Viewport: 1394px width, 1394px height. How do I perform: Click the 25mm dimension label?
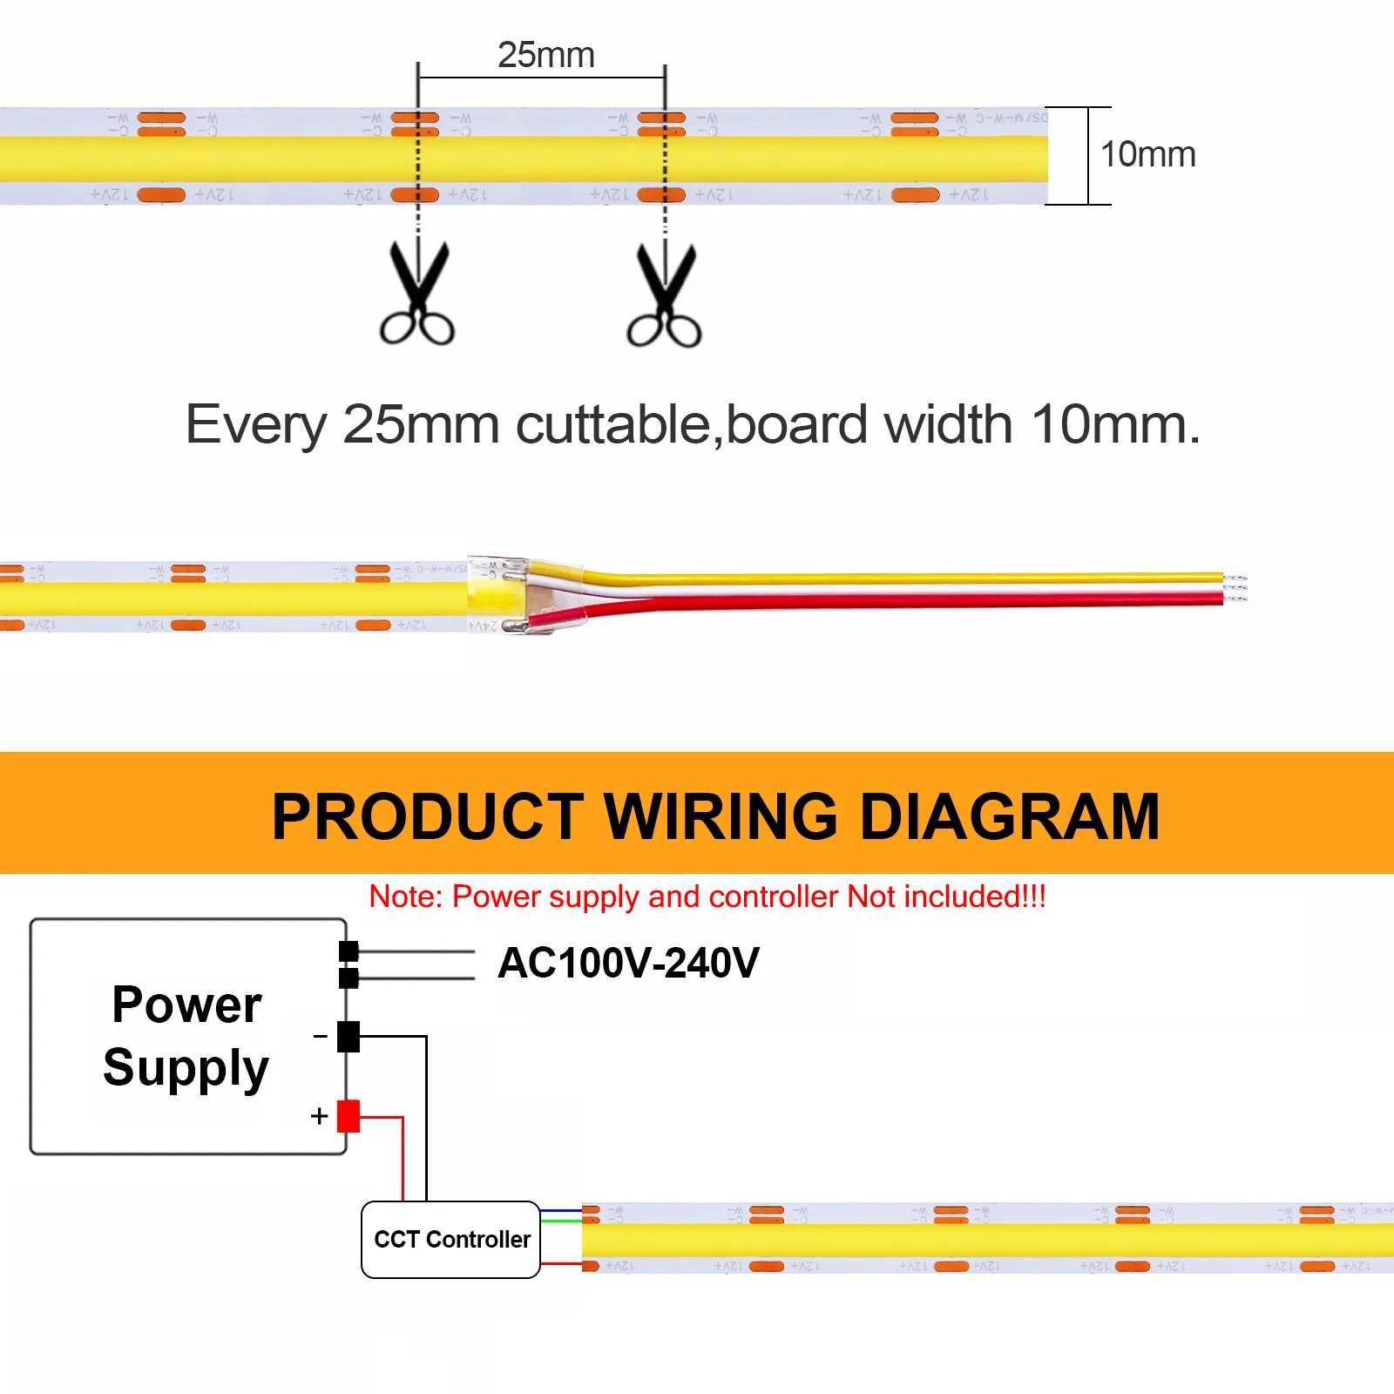point(546,55)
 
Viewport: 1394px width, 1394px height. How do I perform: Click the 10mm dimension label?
point(1147,154)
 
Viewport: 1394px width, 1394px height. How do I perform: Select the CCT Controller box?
point(451,1239)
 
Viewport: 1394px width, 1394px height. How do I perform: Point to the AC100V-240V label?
point(628,963)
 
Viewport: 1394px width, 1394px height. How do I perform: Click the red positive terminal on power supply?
point(348,1116)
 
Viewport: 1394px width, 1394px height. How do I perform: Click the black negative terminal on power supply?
point(348,1036)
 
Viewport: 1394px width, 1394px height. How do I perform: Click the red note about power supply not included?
point(707,897)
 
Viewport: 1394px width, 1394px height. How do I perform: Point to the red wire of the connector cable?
point(871,599)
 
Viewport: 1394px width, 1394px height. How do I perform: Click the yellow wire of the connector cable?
point(871,578)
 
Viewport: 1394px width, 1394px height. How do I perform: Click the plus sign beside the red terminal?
point(319,1116)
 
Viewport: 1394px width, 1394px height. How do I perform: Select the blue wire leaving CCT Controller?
point(561,1210)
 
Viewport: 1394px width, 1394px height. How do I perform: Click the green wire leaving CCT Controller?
point(561,1220)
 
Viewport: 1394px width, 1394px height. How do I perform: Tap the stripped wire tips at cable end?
point(1235,588)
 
